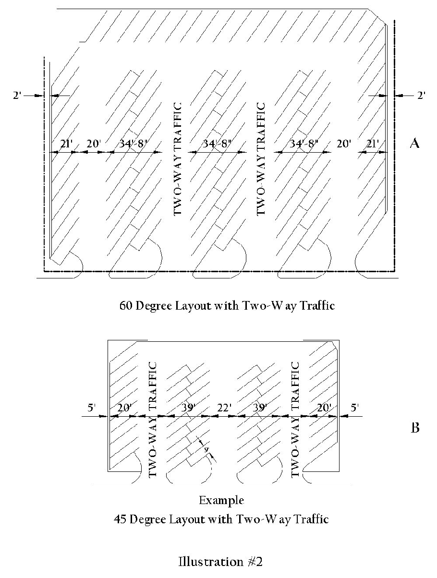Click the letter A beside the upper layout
414,144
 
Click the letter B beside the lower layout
415,427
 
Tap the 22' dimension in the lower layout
223,408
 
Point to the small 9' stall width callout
206,450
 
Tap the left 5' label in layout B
92,408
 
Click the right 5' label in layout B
355,408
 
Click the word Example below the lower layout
221,501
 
